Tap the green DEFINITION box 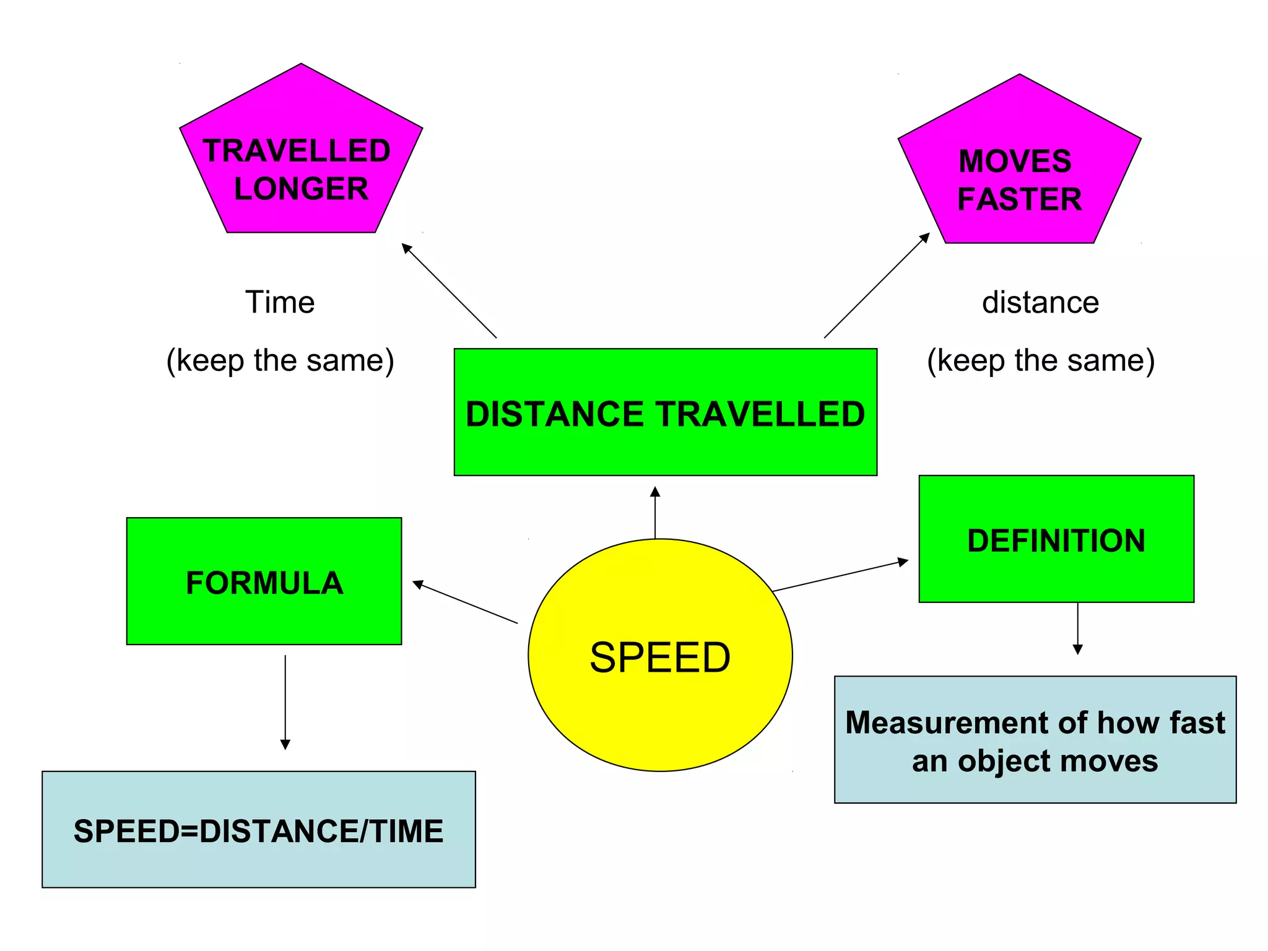click(x=1056, y=539)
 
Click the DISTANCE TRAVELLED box click(x=665, y=412)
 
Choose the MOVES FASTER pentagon click(x=1019, y=167)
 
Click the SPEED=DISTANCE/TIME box click(x=258, y=830)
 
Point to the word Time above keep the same click(x=280, y=302)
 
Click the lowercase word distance click(x=1040, y=302)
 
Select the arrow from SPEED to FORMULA click(x=465, y=602)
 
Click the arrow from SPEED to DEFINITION click(x=840, y=576)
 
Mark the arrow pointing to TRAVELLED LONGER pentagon click(x=449, y=290)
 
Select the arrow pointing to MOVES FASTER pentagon click(x=877, y=285)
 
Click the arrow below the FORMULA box click(x=285, y=702)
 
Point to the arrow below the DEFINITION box click(x=1078, y=628)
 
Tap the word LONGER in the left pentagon click(x=301, y=189)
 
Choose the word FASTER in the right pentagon click(x=1019, y=199)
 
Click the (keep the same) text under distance click(x=1040, y=360)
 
